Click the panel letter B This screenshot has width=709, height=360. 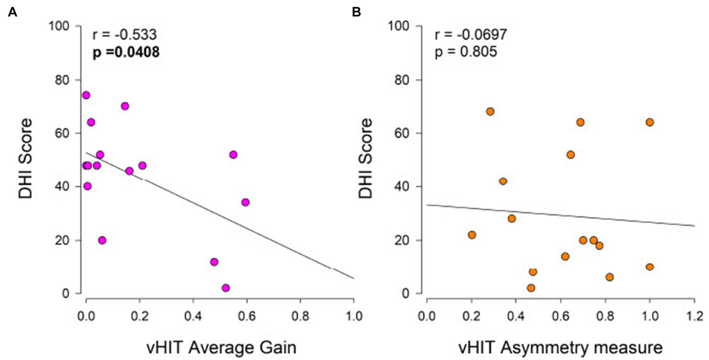click(x=356, y=12)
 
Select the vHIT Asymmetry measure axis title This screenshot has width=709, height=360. click(x=560, y=346)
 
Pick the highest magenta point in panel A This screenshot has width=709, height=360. click(x=86, y=95)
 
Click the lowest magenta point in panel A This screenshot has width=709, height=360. click(x=225, y=288)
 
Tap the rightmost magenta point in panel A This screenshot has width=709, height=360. click(x=245, y=202)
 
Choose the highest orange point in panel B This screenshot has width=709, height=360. click(x=490, y=111)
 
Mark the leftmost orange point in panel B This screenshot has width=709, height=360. click(x=472, y=235)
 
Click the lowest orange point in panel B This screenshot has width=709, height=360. click(x=531, y=288)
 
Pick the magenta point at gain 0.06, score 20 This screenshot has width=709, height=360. click(x=102, y=240)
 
